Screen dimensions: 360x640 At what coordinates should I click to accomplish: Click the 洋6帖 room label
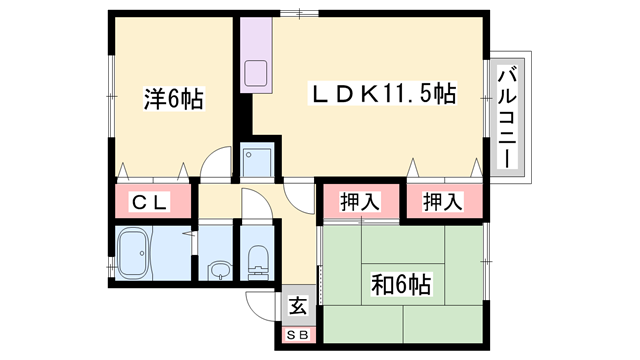173,99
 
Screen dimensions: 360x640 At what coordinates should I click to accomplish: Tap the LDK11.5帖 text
381,95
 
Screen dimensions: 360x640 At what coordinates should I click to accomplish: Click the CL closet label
153,203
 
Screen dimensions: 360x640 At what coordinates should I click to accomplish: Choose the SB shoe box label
298,335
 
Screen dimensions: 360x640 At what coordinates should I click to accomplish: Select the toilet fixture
258,259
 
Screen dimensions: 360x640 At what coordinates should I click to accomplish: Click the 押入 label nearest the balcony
441,201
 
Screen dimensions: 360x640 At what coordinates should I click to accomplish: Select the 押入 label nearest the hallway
361,201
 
